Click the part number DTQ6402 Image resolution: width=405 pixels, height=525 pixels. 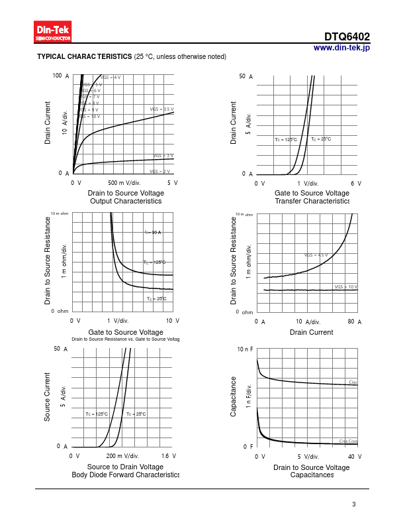click(x=347, y=37)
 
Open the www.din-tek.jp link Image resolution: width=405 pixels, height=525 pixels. click(x=341, y=48)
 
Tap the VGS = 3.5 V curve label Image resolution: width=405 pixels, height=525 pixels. click(x=162, y=109)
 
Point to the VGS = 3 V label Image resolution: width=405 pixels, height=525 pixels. click(x=163, y=156)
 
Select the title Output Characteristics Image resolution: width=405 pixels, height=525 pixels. click(x=126, y=201)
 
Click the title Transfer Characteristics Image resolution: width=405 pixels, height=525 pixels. click(x=312, y=201)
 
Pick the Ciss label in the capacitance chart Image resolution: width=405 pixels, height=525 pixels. click(x=353, y=382)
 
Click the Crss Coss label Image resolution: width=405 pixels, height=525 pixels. click(x=348, y=441)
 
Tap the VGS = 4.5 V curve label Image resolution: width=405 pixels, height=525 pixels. click(x=316, y=255)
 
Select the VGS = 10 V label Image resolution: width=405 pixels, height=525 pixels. click(x=346, y=287)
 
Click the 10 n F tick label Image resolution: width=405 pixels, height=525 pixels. click(x=246, y=349)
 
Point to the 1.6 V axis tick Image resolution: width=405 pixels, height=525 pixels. click(x=169, y=456)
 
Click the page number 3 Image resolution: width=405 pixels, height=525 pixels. click(x=354, y=505)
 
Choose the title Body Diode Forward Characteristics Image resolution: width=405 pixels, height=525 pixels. click(x=126, y=475)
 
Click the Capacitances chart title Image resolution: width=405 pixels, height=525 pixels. click(x=312, y=475)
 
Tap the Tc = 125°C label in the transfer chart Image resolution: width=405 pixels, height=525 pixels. click(x=286, y=140)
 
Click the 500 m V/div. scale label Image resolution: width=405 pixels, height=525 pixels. click(x=124, y=182)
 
